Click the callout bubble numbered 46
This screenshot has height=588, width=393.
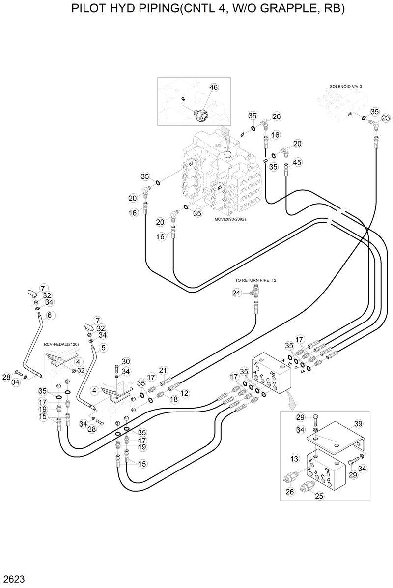213,88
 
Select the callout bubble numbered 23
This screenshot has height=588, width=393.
386,118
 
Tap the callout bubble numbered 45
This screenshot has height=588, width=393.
297,162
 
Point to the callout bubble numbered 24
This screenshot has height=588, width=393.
237,293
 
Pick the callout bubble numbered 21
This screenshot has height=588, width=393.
163,370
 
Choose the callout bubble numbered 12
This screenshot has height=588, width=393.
185,393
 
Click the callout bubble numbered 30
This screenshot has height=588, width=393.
126,361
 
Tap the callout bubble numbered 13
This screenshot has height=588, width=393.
294,459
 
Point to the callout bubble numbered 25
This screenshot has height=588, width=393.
319,496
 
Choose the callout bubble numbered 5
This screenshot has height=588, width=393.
103,348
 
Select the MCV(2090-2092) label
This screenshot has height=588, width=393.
230,219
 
